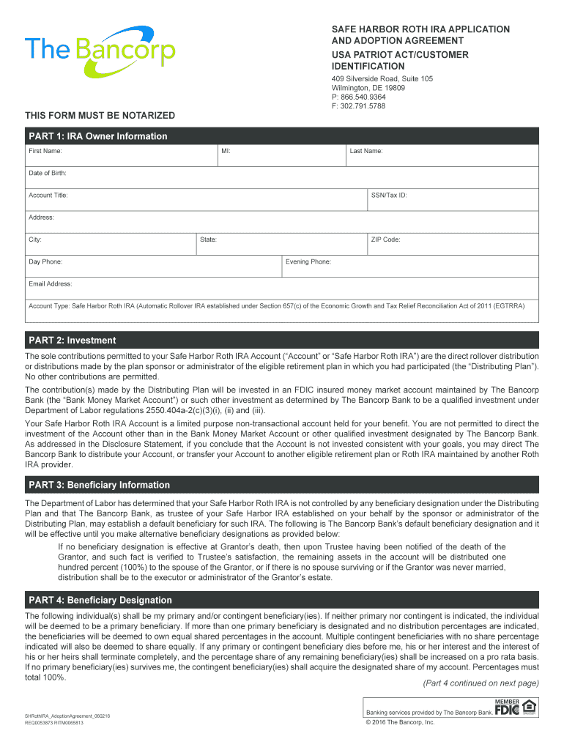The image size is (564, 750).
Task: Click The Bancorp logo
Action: click(100, 51)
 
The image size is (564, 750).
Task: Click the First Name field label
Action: click(45, 151)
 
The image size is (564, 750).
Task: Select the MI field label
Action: click(226, 151)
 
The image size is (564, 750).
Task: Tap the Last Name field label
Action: click(366, 151)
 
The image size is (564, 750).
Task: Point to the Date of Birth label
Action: click(48, 173)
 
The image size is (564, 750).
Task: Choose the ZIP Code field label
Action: click(385, 240)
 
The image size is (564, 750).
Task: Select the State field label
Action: click(209, 240)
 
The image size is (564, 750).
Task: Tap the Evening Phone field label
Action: click(308, 261)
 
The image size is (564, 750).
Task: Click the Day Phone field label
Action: click(45, 261)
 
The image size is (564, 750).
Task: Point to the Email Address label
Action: click(51, 283)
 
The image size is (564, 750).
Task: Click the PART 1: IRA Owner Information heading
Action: click(98, 136)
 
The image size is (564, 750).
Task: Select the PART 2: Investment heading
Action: click(73, 340)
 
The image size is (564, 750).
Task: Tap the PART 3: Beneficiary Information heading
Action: click(99, 485)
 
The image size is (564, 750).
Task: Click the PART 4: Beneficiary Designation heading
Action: click(100, 600)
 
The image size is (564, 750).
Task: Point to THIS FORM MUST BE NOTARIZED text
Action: click(100, 116)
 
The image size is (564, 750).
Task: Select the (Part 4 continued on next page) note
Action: click(480, 683)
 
